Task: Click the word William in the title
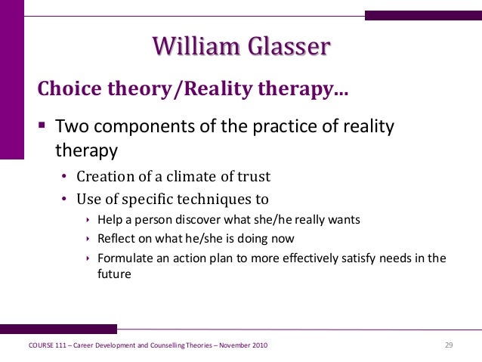[196, 46]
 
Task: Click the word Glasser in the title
[289, 46]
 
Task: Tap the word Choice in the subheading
[70, 88]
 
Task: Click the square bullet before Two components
[42, 125]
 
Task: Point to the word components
[144, 127]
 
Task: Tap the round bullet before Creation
[64, 176]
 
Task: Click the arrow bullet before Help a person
[88, 220]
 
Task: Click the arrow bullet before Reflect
[88, 238]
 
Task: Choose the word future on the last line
[114, 274]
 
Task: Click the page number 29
[449, 345]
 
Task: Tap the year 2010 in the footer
[260, 345]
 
